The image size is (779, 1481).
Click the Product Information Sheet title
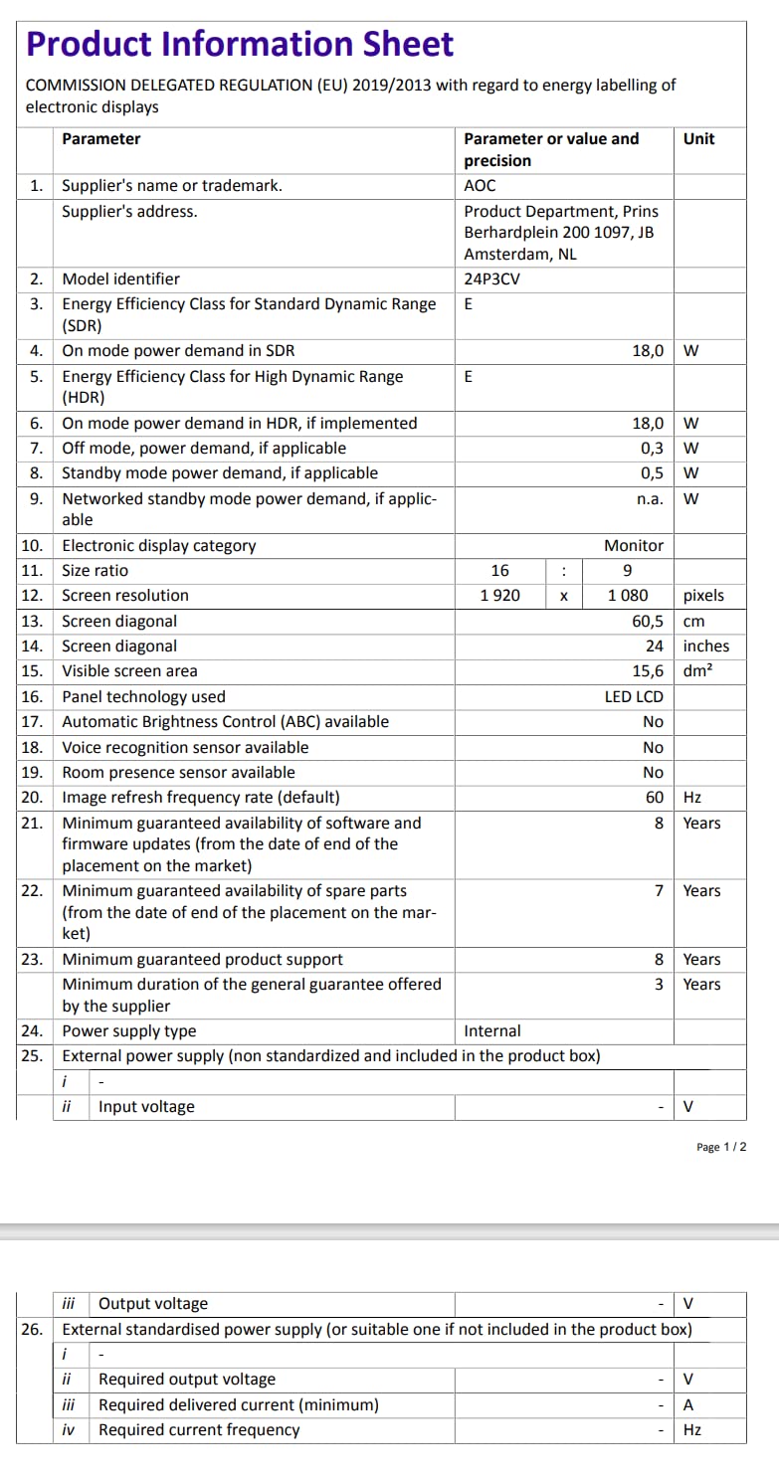pos(240,44)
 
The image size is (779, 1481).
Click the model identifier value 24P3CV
pos(491,278)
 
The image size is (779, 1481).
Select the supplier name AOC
pos(480,185)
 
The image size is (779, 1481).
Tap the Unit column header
pos(698,139)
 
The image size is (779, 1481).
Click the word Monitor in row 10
pos(634,545)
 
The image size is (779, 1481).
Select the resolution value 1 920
pos(499,595)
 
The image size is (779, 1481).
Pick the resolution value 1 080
pos(628,595)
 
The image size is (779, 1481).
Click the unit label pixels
pos(703,595)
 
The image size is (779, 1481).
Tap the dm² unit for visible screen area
pos(699,671)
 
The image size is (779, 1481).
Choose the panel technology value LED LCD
pos(634,696)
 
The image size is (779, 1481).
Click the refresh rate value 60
pos(654,797)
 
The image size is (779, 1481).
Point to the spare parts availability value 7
pos(659,890)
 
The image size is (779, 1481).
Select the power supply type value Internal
pos(492,1031)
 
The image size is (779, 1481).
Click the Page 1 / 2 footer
pos(721,1147)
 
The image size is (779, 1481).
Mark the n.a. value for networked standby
pos(650,498)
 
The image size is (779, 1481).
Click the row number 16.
pos(32,696)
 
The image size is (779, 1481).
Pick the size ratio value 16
pos(499,570)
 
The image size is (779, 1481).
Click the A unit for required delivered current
pos(688,1404)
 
